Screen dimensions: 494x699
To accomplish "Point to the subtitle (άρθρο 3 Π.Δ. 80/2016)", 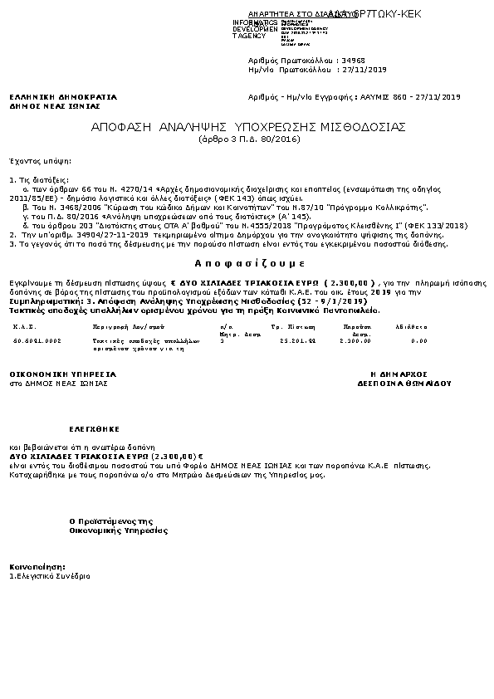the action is [250, 139].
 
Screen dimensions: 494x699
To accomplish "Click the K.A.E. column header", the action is [23, 327].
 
